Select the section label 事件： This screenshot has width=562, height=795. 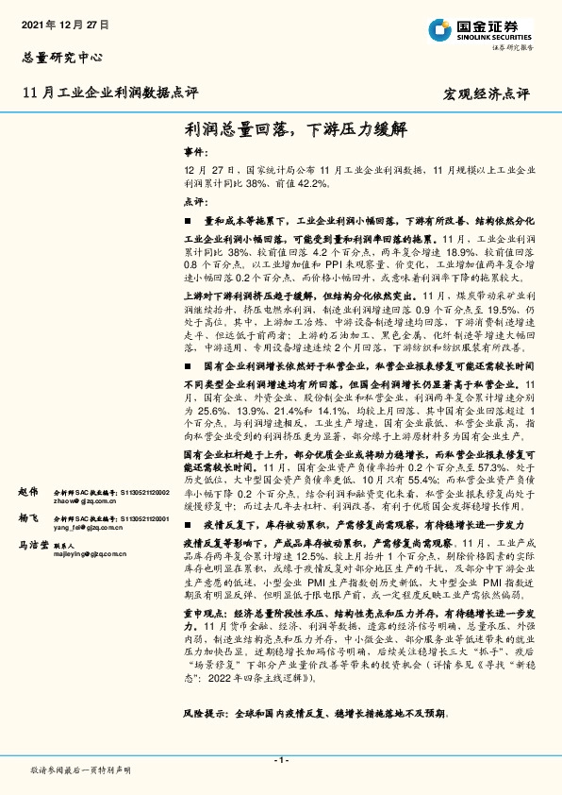(x=194, y=151)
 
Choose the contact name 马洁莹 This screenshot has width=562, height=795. (x=32, y=546)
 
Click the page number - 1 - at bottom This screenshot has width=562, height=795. (x=280, y=760)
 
